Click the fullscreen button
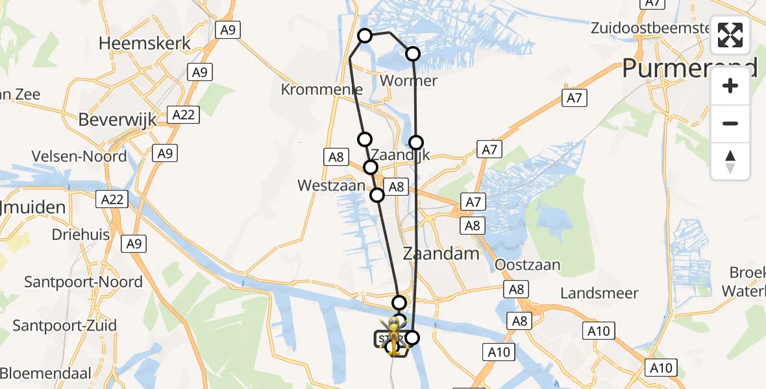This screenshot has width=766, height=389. coord(730,35)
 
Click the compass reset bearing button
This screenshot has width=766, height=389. coord(730,161)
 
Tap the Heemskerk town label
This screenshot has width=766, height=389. coord(145,43)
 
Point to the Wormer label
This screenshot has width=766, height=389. coord(408,81)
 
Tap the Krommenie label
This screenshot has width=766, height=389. coord(321,89)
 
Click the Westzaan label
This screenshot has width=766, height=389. coord(331,185)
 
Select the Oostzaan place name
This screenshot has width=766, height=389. coord(527,265)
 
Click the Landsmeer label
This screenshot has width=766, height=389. coord(599,293)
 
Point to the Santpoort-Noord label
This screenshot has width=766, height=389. coord(83,282)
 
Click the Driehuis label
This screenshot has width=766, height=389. coord(80,235)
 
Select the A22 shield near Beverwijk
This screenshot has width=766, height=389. coord(183,115)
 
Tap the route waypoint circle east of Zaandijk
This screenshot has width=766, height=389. coord(416,142)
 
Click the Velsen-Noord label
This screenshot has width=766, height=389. coord(79,156)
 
